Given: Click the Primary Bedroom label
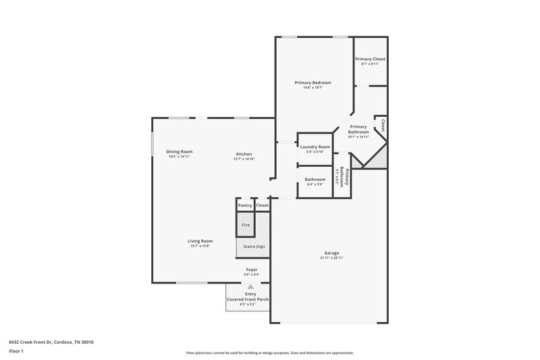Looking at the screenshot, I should (313, 82).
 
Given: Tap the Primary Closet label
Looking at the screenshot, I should (370, 59).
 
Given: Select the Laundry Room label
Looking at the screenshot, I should (315, 147).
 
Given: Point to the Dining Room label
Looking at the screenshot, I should (180, 151).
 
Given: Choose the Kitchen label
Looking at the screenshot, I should (244, 153).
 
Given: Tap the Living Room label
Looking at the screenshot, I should (200, 240).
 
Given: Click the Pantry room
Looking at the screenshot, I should (244, 205).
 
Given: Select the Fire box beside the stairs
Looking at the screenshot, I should (245, 224).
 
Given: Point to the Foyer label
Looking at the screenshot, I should (251, 270).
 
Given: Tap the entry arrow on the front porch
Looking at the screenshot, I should (250, 286).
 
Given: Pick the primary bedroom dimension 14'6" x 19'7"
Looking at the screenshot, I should (313, 88).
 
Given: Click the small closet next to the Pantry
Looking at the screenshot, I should (262, 205).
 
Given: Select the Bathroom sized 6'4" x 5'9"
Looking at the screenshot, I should (315, 182).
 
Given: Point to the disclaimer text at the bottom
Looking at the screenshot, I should (269, 353).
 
